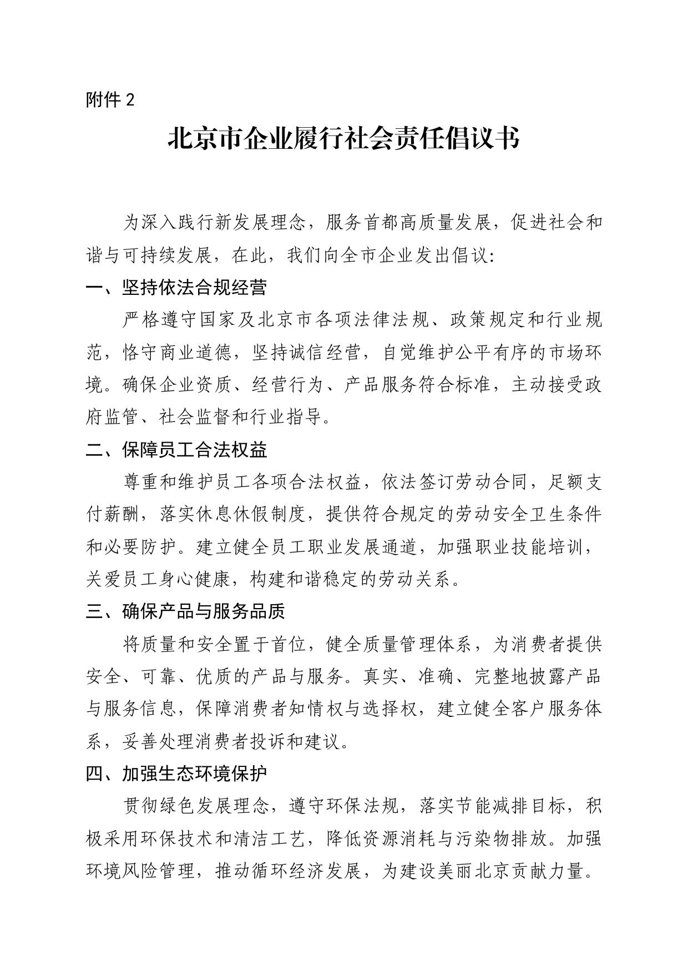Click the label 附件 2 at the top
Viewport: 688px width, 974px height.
point(110,100)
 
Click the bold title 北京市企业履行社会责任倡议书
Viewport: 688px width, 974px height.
point(343,139)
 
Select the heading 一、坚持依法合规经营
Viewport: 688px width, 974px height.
point(176,287)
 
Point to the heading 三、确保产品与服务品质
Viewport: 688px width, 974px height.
point(185,611)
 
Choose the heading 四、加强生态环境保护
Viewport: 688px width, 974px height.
point(176,773)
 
